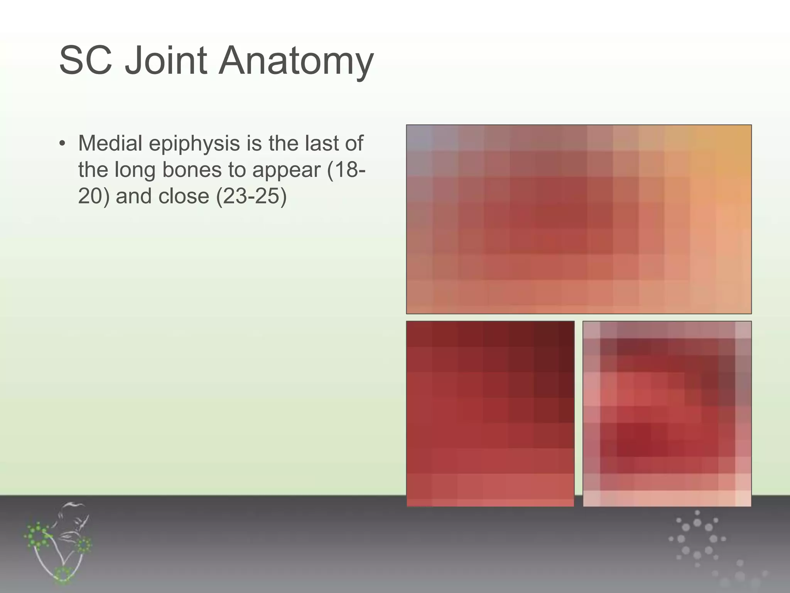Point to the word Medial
pos(110,143)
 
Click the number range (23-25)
pos(251,196)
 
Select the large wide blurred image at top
pos(579,219)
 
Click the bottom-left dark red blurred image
pos(490,413)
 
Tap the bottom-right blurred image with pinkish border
pos(667,413)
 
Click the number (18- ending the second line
pos(346,169)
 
